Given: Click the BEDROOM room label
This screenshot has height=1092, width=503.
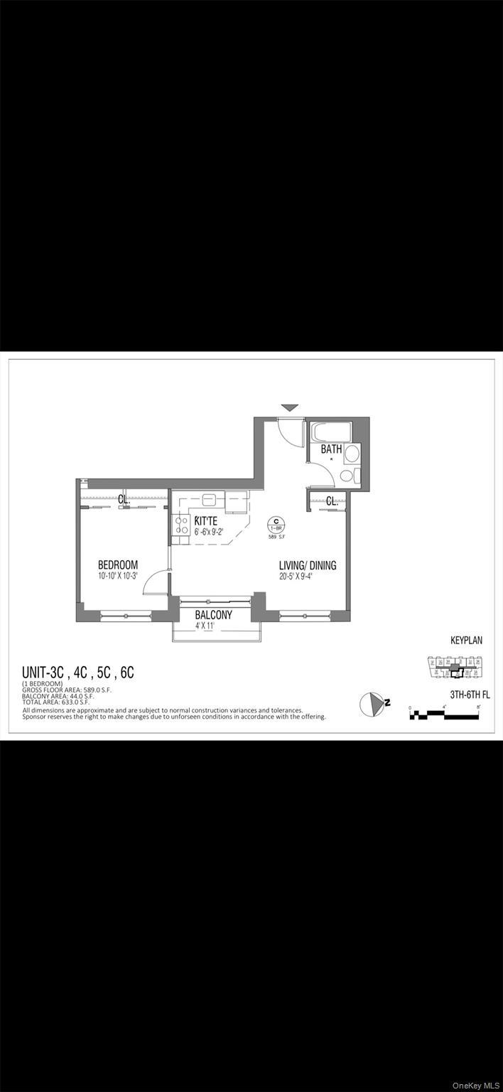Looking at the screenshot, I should coord(118,565).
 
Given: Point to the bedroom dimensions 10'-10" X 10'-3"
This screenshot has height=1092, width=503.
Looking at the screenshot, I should coord(118,577).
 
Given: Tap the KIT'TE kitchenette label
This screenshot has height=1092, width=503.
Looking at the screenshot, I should coord(206,520).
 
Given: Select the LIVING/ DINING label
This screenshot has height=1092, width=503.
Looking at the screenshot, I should coord(308,566).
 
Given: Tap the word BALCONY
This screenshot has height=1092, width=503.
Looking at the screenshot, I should coord(214,615).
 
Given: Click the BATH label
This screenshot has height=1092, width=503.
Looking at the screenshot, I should coord(331,449).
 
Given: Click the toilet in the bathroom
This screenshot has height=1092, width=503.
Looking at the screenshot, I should coord(349,476).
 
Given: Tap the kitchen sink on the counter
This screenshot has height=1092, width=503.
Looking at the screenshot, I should coord(209,499).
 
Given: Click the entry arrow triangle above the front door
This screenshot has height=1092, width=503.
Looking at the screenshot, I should coord(289,408).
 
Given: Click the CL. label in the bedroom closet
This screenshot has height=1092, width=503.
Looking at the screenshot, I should coord(124,500).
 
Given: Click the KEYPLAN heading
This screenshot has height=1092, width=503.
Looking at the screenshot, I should coord(466,641).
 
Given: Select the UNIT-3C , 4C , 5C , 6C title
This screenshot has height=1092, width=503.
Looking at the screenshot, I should coord(78,673).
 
